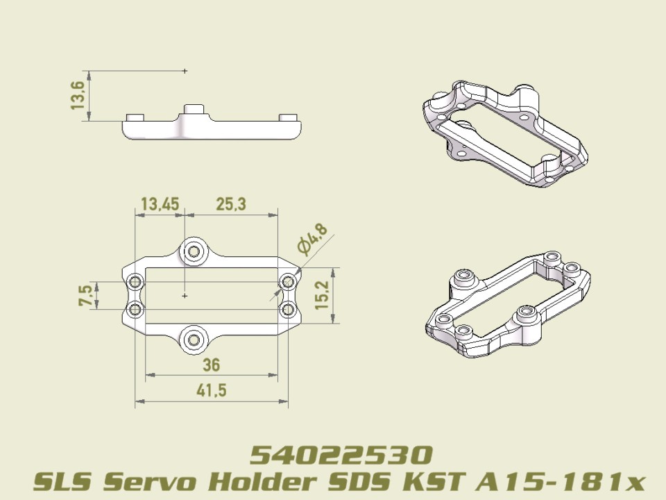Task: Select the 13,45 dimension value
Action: (160, 204)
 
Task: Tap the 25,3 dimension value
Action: (230, 204)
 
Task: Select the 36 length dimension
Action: (211, 365)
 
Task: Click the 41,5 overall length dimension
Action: (211, 391)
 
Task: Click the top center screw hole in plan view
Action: (194, 251)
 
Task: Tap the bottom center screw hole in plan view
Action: (194, 340)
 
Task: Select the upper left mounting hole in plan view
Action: (136, 282)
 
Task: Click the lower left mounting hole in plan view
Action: (136, 309)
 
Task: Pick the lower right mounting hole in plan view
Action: (288, 309)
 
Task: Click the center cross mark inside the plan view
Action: (185, 296)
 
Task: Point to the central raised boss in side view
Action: (194, 111)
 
